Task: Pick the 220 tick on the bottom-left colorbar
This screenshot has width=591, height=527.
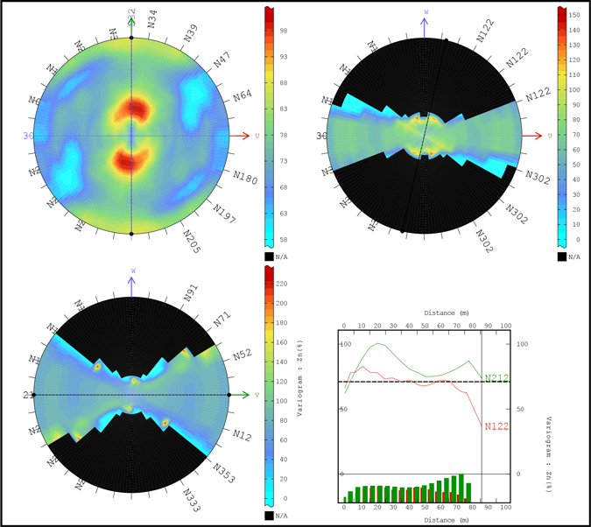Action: pyautogui.click(x=283, y=283)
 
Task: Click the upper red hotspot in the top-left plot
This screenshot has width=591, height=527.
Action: pyautogui.click(x=134, y=109)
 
